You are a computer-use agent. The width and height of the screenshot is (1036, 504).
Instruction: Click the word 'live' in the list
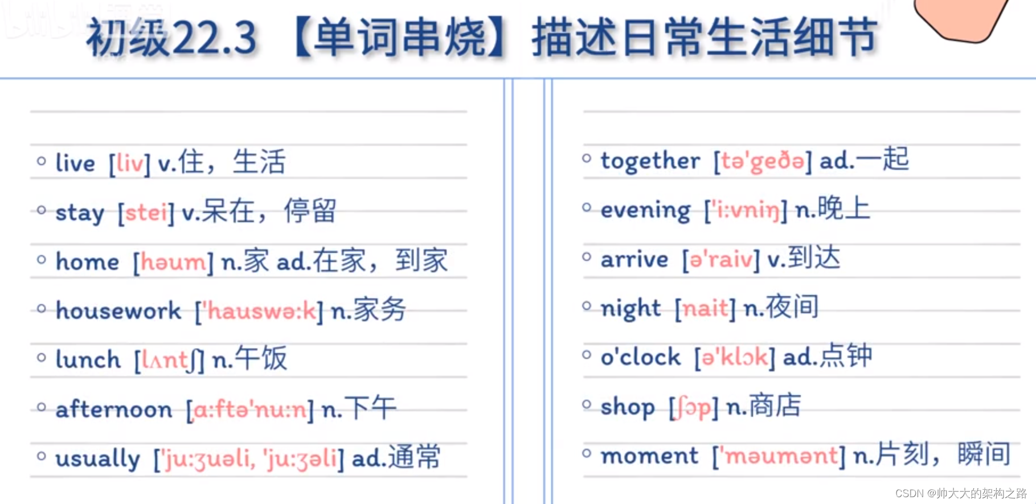[75, 163]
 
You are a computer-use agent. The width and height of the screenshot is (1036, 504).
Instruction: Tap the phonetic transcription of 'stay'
[146, 213]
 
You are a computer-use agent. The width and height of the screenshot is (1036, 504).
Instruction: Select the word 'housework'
[118, 311]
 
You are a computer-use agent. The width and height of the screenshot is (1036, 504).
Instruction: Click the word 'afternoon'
[114, 409]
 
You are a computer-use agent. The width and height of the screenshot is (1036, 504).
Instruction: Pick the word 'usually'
[97, 458]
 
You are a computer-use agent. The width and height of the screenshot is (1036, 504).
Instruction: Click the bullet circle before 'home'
[42, 260]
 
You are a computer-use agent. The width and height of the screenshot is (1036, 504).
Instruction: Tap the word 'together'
[650, 161]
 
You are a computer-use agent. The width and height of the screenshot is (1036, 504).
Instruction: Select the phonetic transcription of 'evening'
[746, 211]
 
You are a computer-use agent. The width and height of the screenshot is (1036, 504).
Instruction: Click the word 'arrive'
[634, 260]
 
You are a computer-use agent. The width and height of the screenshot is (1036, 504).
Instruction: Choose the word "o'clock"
[641, 357]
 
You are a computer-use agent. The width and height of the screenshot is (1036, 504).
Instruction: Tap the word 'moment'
[649, 456]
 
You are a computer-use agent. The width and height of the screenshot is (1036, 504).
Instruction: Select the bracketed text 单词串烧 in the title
[400, 38]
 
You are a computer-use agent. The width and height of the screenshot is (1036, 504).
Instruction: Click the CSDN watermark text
[961, 493]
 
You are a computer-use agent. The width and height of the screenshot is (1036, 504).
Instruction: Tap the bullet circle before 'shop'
[587, 405]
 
